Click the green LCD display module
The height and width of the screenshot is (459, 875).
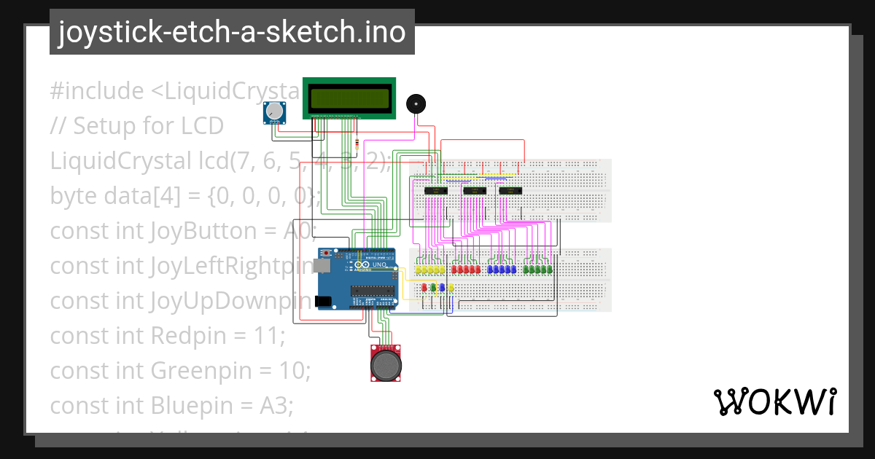(349, 98)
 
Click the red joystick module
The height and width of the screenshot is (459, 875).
(385, 362)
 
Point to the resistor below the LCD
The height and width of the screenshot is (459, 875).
(356, 144)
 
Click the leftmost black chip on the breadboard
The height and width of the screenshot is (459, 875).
(435, 190)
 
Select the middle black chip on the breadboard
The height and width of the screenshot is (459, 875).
(474, 191)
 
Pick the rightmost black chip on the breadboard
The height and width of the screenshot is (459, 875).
(510, 190)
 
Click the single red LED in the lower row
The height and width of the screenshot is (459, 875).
(425, 287)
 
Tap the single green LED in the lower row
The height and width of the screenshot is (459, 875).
(434, 287)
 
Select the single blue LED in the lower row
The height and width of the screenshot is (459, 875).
(443, 287)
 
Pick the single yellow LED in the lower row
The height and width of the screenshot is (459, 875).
(451, 287)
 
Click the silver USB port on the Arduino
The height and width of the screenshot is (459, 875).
(322, 267)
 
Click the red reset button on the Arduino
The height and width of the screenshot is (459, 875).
(325, 254)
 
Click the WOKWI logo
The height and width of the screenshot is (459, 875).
(774, 401)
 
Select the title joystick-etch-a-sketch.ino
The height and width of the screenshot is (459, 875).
(232, 32)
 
